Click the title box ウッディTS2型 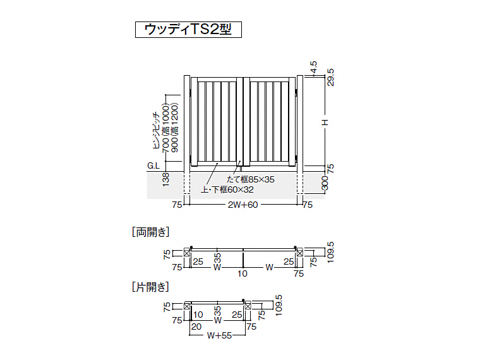click(188, 30)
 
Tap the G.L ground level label click(153, 165)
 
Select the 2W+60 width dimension click(243, 205)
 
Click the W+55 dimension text click(219, 335)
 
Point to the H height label click(325, 122)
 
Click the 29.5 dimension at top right click(330, 78)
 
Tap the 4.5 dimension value click(313, 68)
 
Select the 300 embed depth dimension click(325, 183)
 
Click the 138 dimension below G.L click(165, 180)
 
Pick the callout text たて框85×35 click(251, 179)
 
